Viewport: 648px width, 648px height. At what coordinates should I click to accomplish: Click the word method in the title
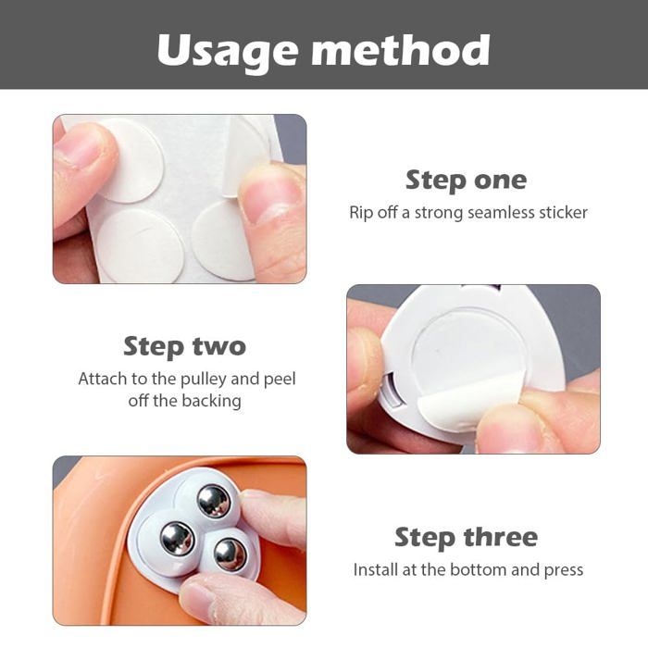(x=401, y=49)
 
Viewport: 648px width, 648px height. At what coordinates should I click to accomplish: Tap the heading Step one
(x=467, y=181)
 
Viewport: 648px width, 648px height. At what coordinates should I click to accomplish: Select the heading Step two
(x=185, y=346)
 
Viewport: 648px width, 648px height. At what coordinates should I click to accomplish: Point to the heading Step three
(x=467, y=537)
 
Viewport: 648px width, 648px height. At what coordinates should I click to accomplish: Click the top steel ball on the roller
(x=213, y=501)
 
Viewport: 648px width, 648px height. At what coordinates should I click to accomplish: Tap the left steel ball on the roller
(x=178, y=539)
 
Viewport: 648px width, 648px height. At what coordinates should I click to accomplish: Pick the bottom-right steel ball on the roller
(x=231, y=555)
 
